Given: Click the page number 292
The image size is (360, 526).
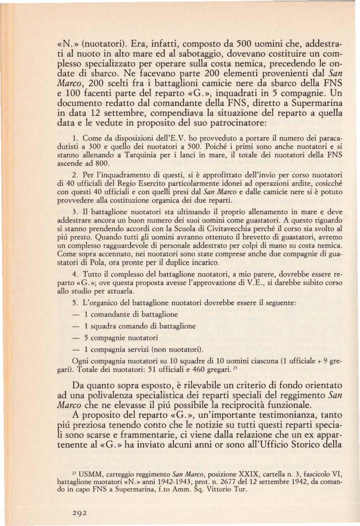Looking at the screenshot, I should point(80,512).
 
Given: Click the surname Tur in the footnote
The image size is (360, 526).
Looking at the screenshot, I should point(242,490).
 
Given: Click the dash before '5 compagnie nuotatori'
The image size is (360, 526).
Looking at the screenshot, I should point(76,338).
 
